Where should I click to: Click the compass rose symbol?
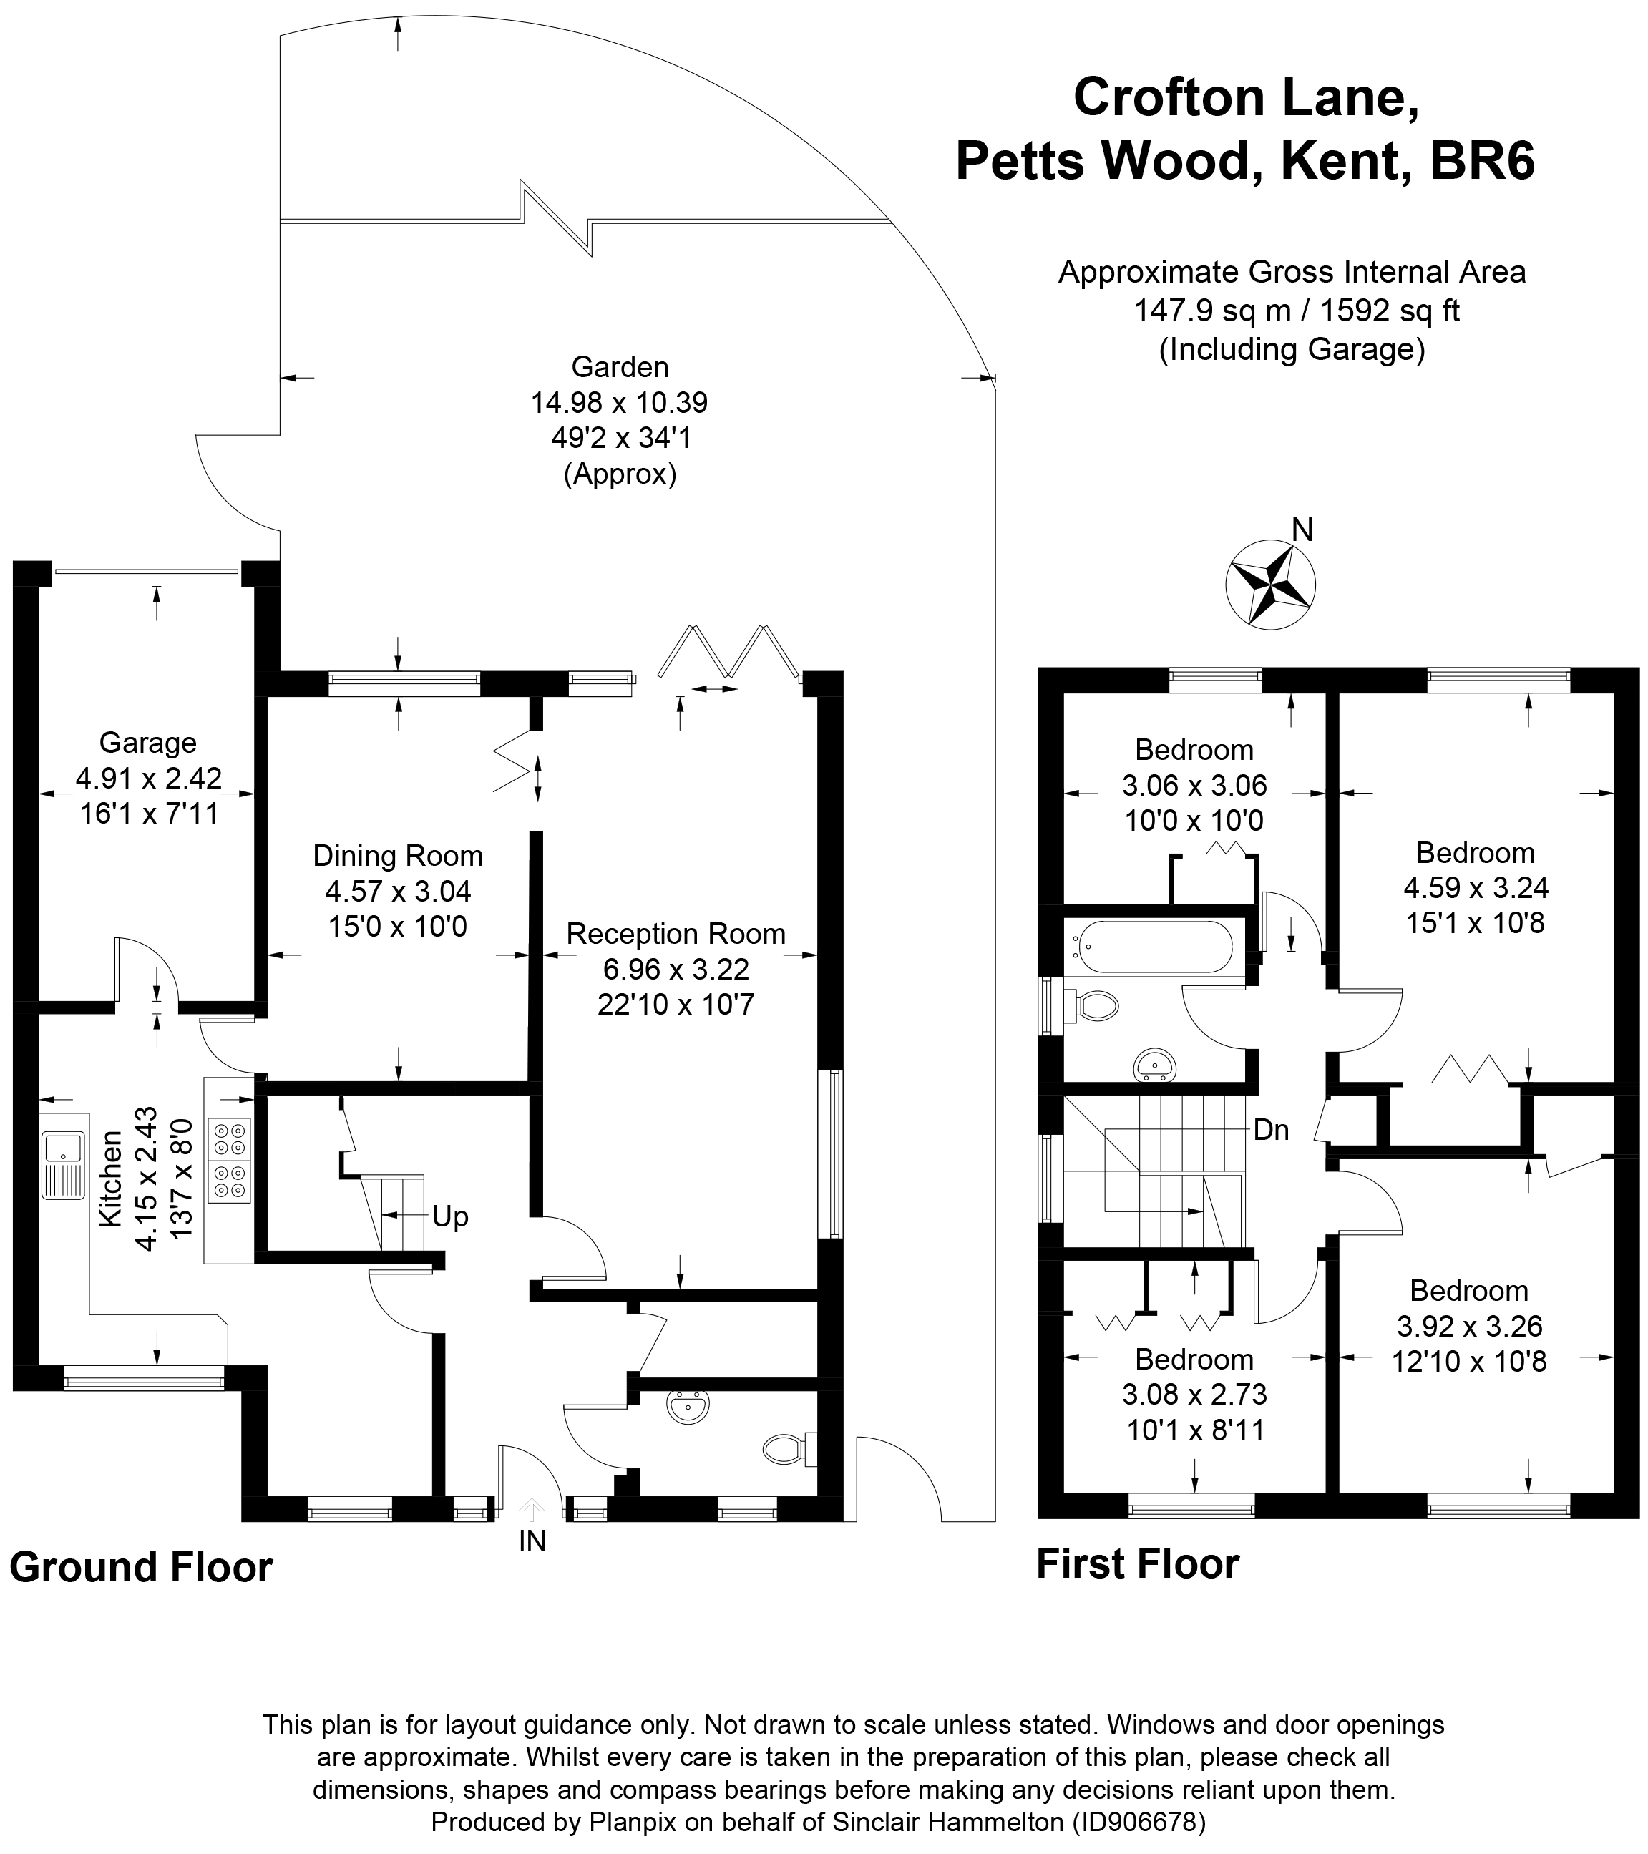click(x=1269, y=585)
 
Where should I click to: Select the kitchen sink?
click(x=62, y=1163)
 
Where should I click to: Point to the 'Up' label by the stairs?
click(x=450, y=1216)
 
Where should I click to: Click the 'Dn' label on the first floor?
click(x=1271, y=1130)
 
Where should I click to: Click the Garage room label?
click(x=148, y=743)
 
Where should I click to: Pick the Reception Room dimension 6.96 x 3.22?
click(x=676, y=969)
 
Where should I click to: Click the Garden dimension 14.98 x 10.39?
click(x=620, y=402)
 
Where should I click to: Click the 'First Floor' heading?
click(x=1137, y=1563)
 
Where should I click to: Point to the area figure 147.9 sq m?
click(x=1211, y=311)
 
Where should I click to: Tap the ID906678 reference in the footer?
click(x=1141, y=1821)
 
